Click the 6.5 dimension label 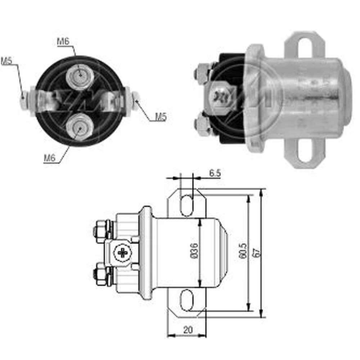215,173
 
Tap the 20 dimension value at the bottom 188,330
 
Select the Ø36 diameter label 194,251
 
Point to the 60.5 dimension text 243,251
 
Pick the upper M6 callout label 63,41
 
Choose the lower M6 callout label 50,158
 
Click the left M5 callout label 6,61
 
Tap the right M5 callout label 161,117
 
